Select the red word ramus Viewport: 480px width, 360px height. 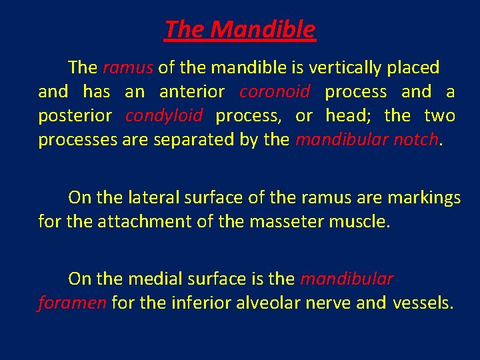(129, 67)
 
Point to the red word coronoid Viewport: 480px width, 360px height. (275, 91)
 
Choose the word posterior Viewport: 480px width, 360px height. (75, 115)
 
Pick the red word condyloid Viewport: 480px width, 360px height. (164, 115)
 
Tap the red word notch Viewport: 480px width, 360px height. (417, 140)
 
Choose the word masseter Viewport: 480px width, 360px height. (285, 221)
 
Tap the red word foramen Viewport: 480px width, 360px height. (72, 303)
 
